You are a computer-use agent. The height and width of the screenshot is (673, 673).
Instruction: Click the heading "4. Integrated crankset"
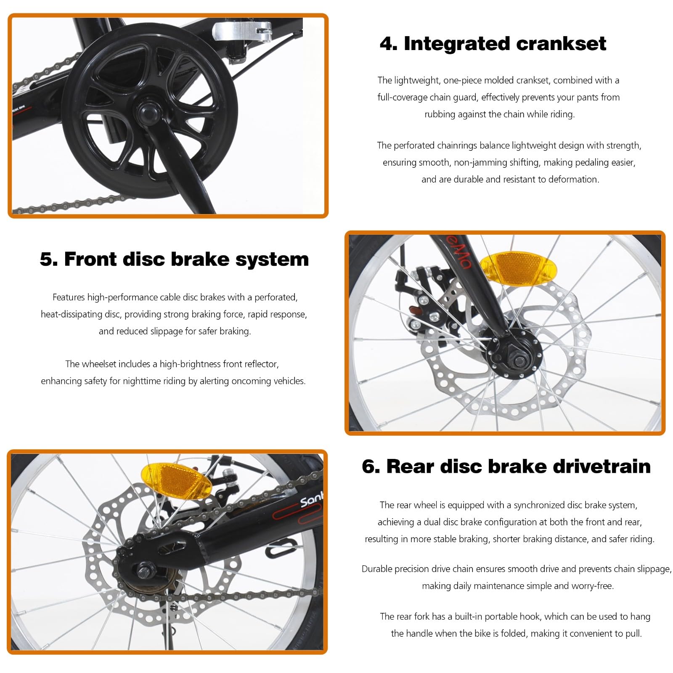click(x=493, y=44)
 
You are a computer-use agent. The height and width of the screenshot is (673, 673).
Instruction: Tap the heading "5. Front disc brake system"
click(x=174, y=259)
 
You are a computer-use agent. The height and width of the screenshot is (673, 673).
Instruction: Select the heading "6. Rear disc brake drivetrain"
click(x=506, y=466)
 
